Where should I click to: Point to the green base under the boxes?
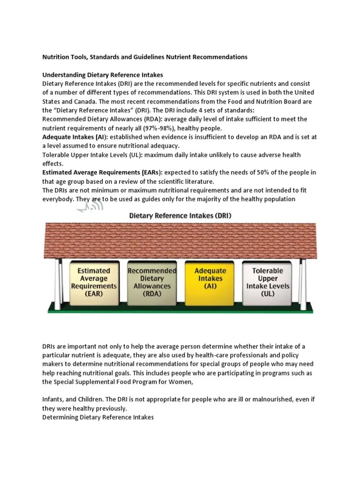180,307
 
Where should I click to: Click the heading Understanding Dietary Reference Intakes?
103,75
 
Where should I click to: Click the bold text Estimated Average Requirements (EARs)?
102,172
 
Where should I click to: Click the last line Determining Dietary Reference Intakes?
98,417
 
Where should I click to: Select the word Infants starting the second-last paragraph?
54,399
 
